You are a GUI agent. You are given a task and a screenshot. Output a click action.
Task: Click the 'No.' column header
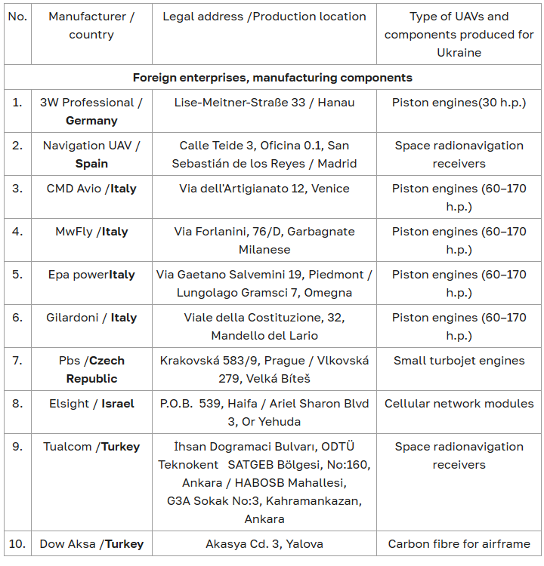17,17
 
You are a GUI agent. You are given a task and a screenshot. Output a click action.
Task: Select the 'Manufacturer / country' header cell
91,26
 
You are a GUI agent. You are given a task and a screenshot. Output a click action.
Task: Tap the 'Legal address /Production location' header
264,17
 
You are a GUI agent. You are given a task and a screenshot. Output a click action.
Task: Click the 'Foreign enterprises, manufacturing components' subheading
272,77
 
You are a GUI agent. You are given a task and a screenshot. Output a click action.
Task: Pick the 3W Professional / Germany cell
91,111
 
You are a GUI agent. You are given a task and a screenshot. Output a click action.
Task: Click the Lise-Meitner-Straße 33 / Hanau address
264,102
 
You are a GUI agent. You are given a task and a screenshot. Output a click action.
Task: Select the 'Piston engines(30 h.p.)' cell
459,102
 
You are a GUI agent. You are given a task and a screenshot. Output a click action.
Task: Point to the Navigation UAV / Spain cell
91,154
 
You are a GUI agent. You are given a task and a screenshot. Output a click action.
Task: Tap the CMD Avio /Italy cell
91,189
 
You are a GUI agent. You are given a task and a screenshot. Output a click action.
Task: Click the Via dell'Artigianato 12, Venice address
264,189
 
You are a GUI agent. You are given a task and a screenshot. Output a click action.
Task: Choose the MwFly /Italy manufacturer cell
91,232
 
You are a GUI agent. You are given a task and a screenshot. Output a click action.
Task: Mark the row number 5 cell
17,275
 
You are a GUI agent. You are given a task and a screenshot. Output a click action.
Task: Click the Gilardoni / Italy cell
91,318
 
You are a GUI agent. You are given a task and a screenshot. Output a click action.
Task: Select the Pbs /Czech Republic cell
91,369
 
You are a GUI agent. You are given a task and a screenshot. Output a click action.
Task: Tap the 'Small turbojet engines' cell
459,361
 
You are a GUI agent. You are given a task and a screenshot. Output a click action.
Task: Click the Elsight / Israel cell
91,404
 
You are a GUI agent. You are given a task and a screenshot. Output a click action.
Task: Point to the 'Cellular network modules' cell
459,404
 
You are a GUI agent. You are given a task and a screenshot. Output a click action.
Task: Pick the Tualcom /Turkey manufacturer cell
91,447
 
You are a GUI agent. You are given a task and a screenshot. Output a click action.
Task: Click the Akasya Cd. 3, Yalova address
264,543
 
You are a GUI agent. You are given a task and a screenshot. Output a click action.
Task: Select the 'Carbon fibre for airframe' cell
459,543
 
